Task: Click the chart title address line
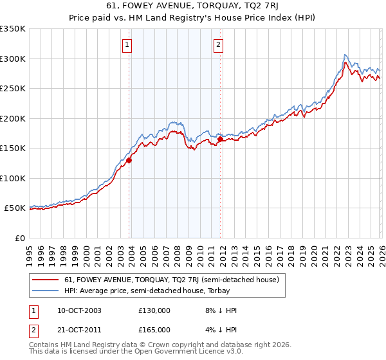(192, 6)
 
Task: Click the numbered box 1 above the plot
(127, 45)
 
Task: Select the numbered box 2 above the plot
(219, 45)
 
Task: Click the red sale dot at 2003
(129, 161)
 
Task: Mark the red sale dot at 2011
(220, 139)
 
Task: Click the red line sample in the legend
(46, 280)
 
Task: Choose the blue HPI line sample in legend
(46, 290)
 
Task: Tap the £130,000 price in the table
(154, 310)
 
